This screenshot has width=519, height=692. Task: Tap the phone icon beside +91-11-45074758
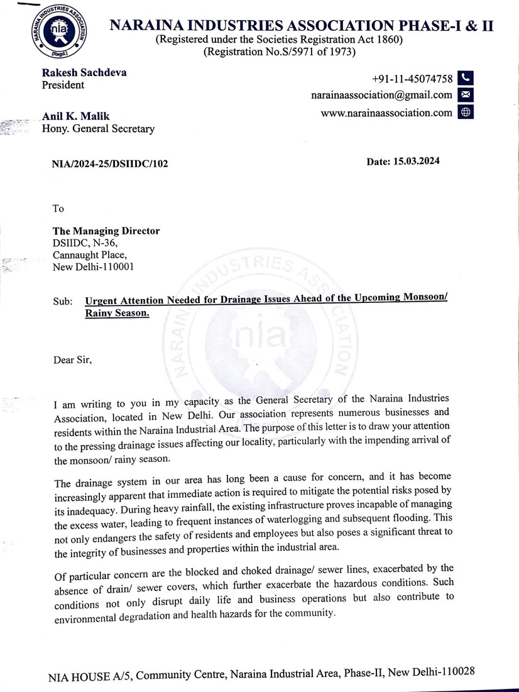pos(466,78)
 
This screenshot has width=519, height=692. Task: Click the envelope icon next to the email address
pos(466,95)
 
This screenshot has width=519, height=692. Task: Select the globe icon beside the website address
pos(466,113)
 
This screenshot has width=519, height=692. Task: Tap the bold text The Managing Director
pos(106,231)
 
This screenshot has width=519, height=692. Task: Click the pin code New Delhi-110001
pos(92,267)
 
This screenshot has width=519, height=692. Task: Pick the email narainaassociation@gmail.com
pos(381,95)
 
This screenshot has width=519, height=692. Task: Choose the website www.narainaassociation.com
pos(386,113)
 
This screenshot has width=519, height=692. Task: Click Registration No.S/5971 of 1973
pos(279,52)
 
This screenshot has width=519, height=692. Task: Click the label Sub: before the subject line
pos(63,301)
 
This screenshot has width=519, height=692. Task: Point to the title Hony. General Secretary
pos(97,129)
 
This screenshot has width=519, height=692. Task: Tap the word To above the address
pos(58,208)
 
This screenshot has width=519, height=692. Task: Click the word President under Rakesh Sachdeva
pos(63,85)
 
